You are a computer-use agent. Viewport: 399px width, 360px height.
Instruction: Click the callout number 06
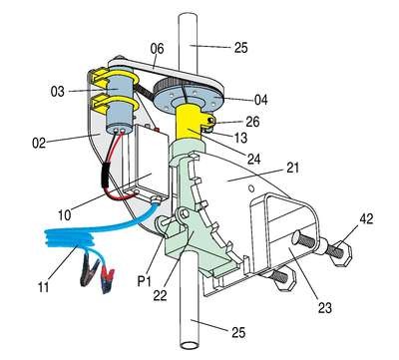click(x=157, y=49)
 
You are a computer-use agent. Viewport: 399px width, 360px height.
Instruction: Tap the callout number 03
click(x=58, y=91)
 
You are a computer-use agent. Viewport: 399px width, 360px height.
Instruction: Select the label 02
click(x=39, y=143)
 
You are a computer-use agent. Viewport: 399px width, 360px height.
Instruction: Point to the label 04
click(x=260, y=100)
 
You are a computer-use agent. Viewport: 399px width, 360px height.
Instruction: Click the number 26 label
click(x=252, y=122)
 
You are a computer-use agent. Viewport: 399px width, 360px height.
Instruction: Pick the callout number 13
click(x=240, y=138)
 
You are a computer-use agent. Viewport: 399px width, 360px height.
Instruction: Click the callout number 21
click(x=292, y=168)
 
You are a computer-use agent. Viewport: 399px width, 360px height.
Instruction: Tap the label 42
click(x=366, y=219)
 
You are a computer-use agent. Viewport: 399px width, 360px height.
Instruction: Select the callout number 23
click(x=325, y=308)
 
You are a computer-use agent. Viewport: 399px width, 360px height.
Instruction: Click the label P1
click(x=144, y=281)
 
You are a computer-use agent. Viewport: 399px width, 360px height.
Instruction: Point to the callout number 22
click(x=160, y=295)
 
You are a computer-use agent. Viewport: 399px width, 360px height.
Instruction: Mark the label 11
click(x=44, y=286)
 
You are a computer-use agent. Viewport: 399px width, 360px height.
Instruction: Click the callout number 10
click(x=65, y=215)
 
